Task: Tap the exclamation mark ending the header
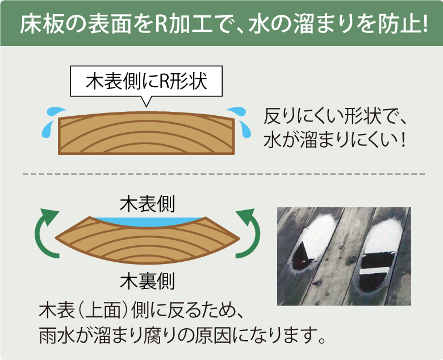pyautogui.click(x=424, y=24)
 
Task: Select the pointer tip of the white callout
pyautogui.click(x=147, y=106)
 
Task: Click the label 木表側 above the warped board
pyautogui.click(x=147, y=203)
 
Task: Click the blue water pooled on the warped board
pyautogui.click(x=147, y=220)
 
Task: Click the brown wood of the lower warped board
pyautogui.click(x=147, y=241)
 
